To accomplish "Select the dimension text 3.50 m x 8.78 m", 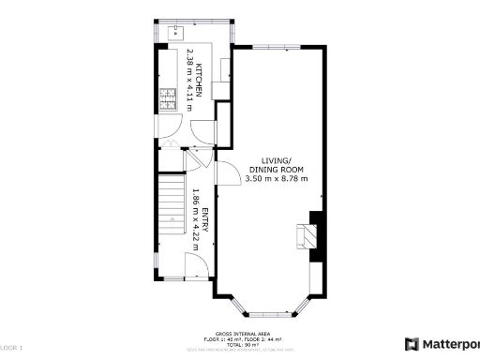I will pos(277,178).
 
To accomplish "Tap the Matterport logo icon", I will pos(412,344).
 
